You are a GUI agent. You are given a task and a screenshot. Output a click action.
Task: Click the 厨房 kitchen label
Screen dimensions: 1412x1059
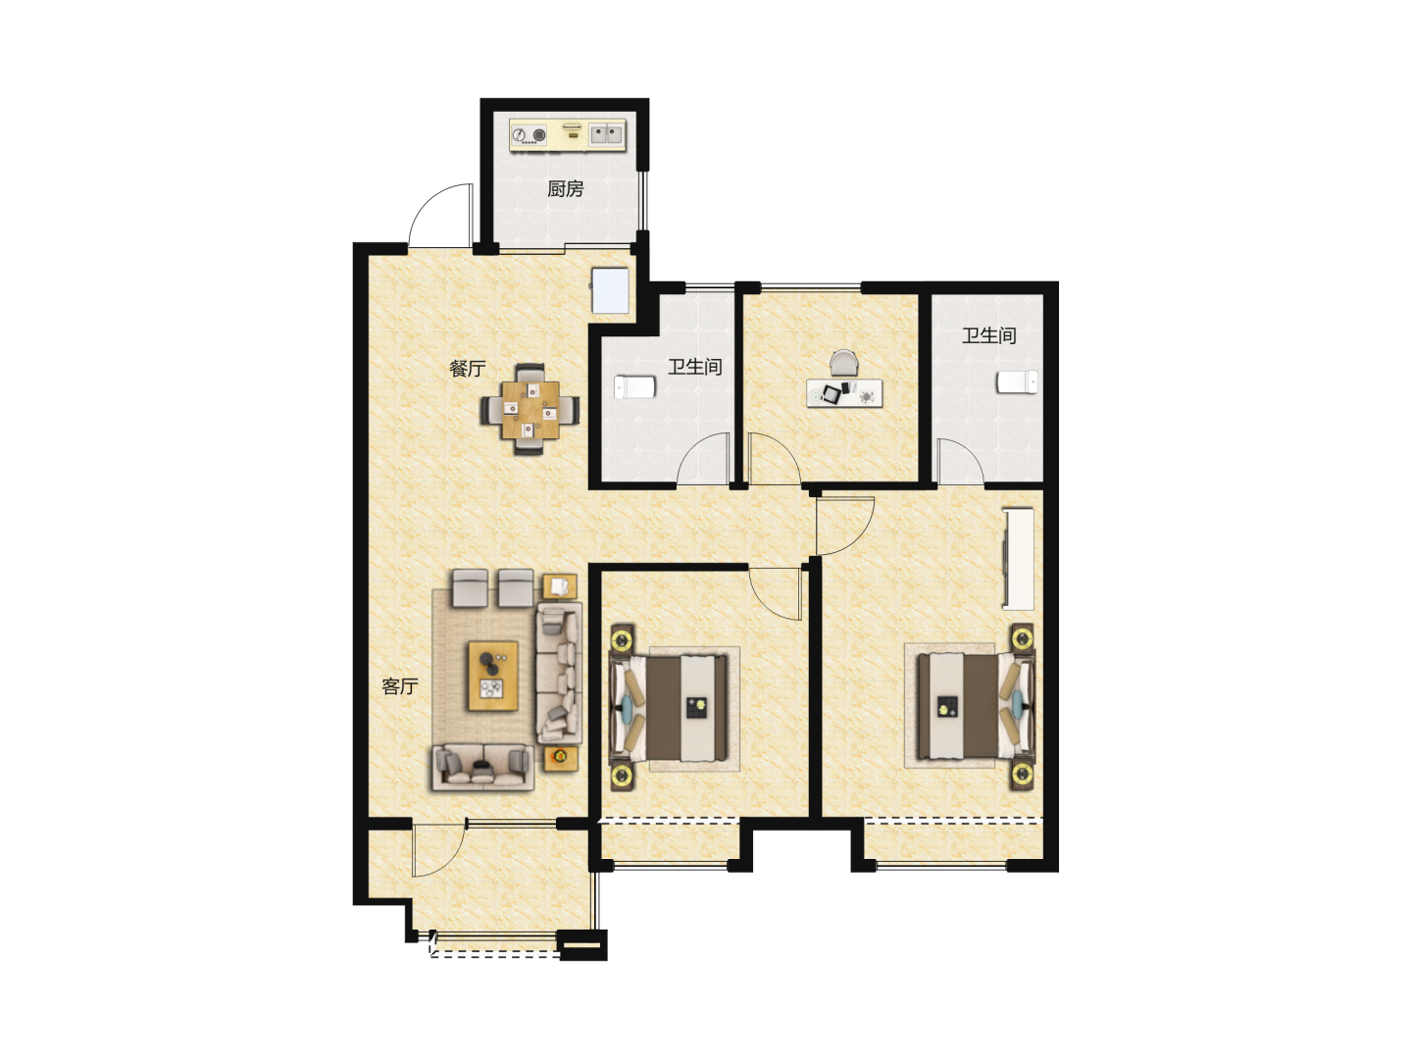click(x=565, y=189)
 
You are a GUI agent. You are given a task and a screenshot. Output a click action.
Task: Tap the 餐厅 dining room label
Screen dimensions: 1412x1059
click(x=467, y=369)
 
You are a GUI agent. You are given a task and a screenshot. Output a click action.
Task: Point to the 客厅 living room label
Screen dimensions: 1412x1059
click(x=399, y=686)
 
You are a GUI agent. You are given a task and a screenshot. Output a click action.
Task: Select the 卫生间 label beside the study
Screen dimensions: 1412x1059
click(x=695, y=367)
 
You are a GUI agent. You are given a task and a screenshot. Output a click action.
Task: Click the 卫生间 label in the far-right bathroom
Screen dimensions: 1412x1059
click(x=988, y=335)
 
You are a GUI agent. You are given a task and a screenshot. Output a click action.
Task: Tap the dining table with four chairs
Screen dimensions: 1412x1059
click(x=530, y=410)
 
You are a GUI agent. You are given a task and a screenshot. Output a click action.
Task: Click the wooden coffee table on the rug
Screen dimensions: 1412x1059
click(x=493, y=676)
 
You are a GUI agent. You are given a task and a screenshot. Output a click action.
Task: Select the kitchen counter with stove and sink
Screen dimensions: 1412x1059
click(x=568, y=135)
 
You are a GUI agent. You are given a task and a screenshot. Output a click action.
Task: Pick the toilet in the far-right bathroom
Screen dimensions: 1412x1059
click(x=1017, y=382)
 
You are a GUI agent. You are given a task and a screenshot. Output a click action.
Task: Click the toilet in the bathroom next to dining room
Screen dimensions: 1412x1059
click(x=634, y=387)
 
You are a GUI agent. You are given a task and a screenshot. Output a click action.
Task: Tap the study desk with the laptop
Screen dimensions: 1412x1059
click(x=844, y=393)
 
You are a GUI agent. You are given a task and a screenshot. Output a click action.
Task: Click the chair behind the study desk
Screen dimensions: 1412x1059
click(x=844, y=363)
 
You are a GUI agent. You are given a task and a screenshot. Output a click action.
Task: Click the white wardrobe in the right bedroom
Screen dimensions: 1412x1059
click(x=1018, y=559)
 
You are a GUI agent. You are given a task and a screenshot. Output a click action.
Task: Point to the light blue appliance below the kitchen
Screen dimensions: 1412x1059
click(x=610, y=290)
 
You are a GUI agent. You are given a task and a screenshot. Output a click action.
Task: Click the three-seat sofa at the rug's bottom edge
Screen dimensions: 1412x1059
click(x=482, y=767)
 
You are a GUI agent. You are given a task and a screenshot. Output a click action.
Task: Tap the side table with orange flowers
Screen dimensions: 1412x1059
click(x=561, y=758)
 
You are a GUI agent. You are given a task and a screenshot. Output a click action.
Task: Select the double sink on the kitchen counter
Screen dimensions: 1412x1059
click(x=607, y=133)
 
